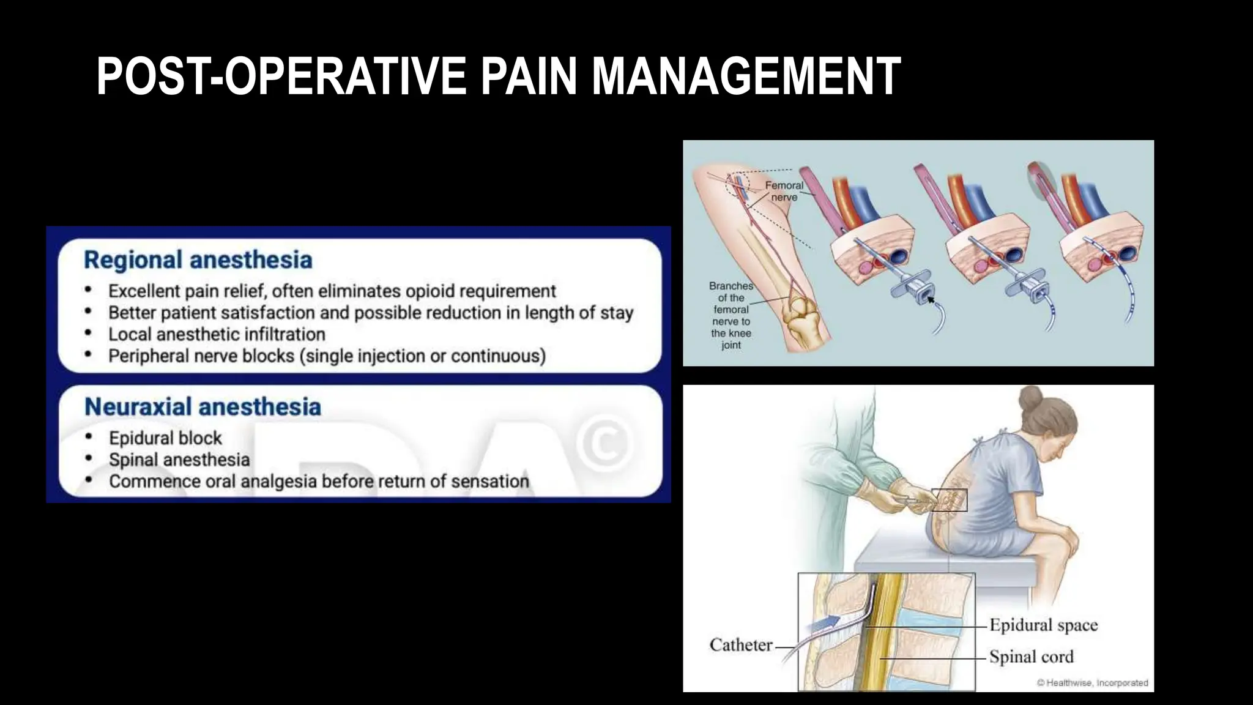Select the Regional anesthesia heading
pyautogui.click(x=198, y=260)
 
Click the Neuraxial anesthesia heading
pyautogui.click(x=203, y=407)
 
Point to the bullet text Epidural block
pyautogui.click(x=165, y=438)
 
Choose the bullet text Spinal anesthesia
pyautogui.click(x=179, y=460)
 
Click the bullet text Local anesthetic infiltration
pyautogui.click(x=217, y=335)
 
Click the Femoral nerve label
pyautogui.click(x=784, y=191)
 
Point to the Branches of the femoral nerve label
pyautogui.click(x=731, y=315)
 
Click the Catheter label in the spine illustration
pyautogui.click(x=740, y=645)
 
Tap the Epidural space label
pyautogui.click(x=1043, y=625)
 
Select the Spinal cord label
pyautogui.click(x=1031, y=657)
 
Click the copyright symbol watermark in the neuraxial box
pyautogui.click(x=604, y=444)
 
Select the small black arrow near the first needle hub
pyautogui.click(x=931, y=299)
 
